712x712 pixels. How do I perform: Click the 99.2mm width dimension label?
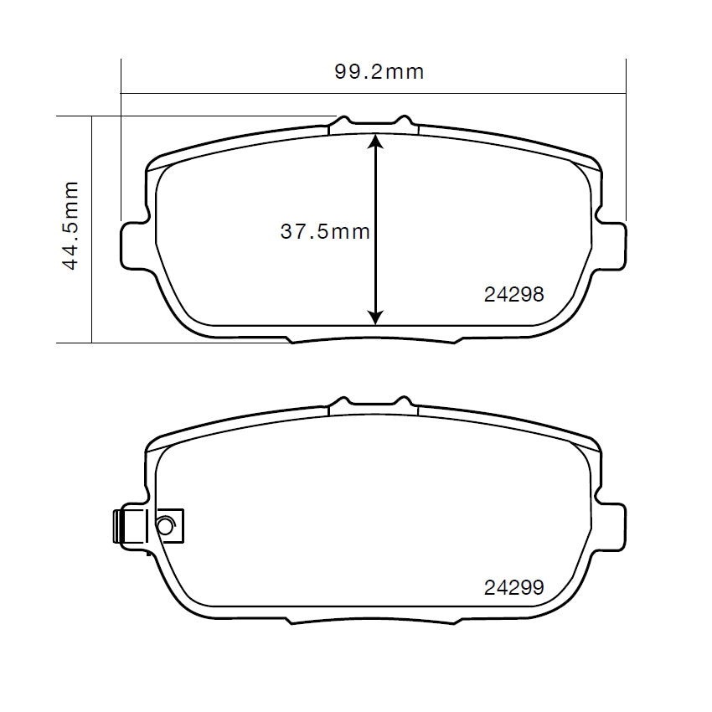(x=379, y=72)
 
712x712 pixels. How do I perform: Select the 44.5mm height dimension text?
(x=70, y=224)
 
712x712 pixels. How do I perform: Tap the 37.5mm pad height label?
(x=325, y=232)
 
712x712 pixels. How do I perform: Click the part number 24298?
(x=513, y=295)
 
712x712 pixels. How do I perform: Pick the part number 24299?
(x=513, y=588)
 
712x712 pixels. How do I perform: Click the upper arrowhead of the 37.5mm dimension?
(x=376, y=142)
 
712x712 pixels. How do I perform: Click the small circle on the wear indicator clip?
(x=165, y=526)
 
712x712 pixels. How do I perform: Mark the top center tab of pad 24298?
(x=374, y=125)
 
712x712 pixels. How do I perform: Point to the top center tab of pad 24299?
(x=374, y=406)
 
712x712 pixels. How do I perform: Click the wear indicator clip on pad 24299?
(x=147, y=528)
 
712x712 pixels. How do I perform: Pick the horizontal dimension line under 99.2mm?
(x=374, y=92)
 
